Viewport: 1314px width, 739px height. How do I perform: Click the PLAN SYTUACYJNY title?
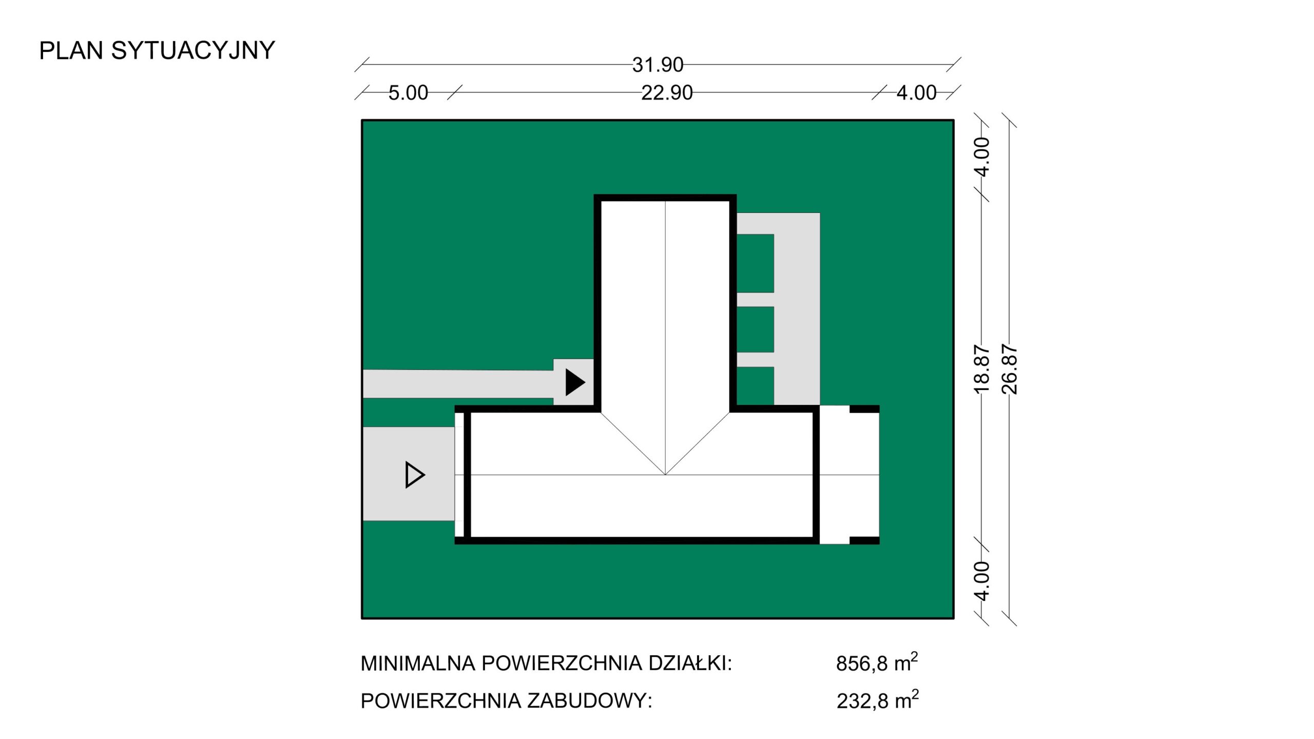[157, 51]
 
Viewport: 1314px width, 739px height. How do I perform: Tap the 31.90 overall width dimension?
[658, 65]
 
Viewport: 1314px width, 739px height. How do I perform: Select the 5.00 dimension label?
[408, 93]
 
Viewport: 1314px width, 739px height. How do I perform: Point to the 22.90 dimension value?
[667, 93]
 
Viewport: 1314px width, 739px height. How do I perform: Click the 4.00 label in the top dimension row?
[916, 93]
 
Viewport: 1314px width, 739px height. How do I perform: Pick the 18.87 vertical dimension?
[981, 369]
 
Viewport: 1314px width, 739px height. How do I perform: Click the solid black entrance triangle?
[575, 382]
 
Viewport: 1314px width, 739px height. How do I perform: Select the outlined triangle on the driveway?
[415, 475]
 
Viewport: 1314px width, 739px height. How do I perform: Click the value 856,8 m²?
[877, 662]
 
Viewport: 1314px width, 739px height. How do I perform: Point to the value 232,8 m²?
[878, 699]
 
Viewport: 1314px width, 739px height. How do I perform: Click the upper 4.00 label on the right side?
[981, 157]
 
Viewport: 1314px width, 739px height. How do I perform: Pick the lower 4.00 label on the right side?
[981, 581]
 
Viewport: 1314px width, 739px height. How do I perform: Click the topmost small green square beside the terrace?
[756, 263]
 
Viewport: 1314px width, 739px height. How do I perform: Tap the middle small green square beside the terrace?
[756, 329]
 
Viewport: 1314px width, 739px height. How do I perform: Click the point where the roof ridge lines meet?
[665, 475]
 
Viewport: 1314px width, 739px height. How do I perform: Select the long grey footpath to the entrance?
[458, 384]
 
